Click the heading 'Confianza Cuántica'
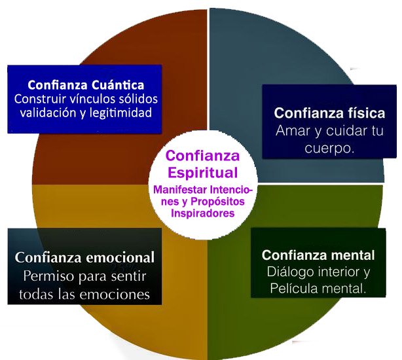[86, 86]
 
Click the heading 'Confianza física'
[329, 112]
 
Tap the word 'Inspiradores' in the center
[202, 213]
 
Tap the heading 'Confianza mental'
[318, 255]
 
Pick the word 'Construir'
[41, 99]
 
